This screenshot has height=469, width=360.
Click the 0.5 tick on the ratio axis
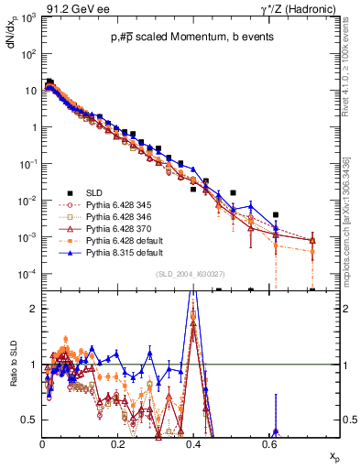30,420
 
